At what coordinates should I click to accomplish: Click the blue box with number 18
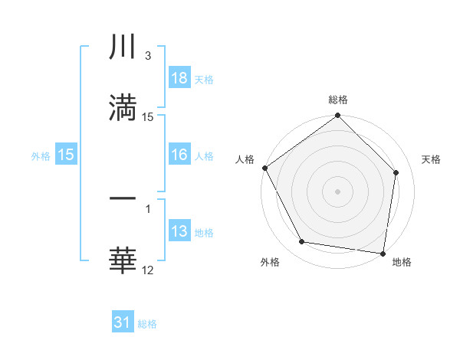pyautogui.click(x=179, y=78)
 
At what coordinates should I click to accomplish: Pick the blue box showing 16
pyautogui.click(x=179, y=155)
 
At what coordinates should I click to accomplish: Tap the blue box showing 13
pyautogui.click(x=179, y=231)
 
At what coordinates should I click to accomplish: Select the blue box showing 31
pyautogui.click(x=123, y=322)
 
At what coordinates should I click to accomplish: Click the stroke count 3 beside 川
pyautogui.click(x=147, y=56)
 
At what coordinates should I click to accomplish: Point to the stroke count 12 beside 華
pyautogui.click(x=148, y=270)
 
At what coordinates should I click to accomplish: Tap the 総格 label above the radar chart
pyautogui.click(x=338, y=100)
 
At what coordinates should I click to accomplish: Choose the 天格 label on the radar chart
pyautogui.click(x=432, y=159)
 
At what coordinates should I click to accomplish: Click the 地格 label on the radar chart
pyautogui.click(x=402, y=262)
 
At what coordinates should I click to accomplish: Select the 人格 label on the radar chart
pyautogui.click(x=245, y=159)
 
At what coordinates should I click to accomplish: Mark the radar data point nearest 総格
pyautogui.click(x=337, y=116)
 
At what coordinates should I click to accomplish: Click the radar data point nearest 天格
pyautogui.click(x=396, y=172)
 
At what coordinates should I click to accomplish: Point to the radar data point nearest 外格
pyautogui.click(x=302, y=243)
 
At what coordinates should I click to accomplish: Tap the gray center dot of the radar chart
pyautogui.click(x=337, y=191)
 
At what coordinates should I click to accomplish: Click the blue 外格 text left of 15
pyautogui.click(x=41, y=155)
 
